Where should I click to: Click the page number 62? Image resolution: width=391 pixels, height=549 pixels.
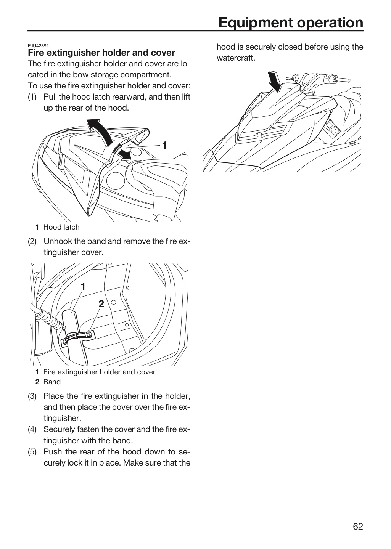click(x=358, y=527)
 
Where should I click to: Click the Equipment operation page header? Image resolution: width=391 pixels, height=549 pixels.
click(x=291, y=22)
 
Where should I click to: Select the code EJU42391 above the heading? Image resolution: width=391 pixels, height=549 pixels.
click(x=38, y=46)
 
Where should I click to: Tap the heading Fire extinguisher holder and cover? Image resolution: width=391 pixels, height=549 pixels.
click(x=101, y=53)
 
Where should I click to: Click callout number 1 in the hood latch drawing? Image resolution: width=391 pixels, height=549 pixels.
click(x=164, y=145)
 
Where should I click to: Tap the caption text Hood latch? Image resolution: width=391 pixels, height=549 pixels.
click(x=61, y=227)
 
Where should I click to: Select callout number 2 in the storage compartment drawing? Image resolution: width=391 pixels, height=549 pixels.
click(x=101, y=304)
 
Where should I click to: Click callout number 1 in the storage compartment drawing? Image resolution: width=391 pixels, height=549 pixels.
click(x=83, y=287)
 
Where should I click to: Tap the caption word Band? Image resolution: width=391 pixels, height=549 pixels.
click(x=52, y=382)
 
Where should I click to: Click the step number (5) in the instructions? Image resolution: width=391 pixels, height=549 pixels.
click(x=32, y=452)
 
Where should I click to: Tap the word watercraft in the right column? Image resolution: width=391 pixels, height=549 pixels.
click(x=236, y=58)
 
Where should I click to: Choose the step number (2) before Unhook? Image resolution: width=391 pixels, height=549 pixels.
click(x=32, y=241)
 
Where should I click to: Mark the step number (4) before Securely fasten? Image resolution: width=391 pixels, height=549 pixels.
click(x=32, y=429)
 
